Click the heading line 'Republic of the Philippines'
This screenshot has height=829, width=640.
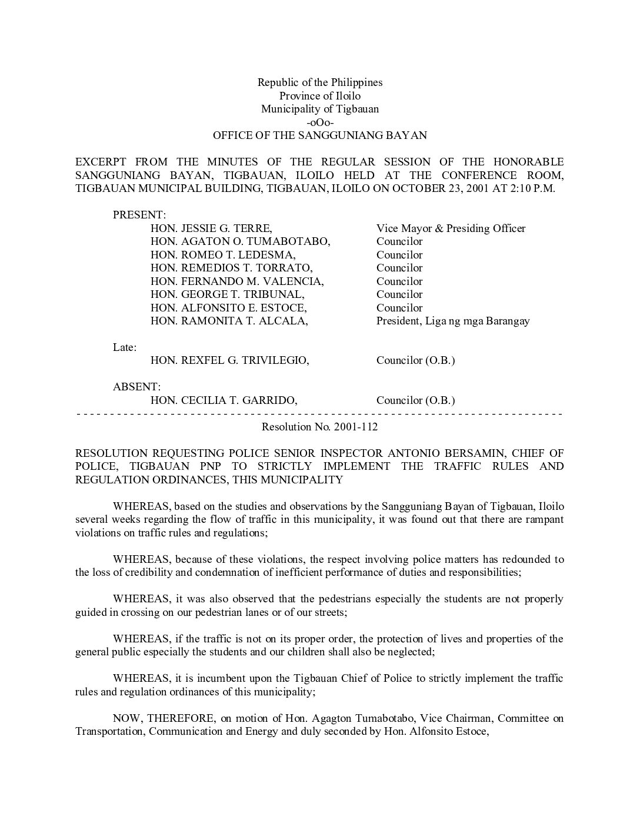point(320,82)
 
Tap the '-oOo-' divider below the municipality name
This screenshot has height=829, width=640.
point(320,122)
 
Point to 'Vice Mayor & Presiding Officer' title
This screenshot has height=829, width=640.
point(451,228)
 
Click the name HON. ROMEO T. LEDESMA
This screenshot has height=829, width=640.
point(223,255)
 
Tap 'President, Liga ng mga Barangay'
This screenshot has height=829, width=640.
point(453,321)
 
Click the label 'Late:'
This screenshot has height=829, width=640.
point(125,347)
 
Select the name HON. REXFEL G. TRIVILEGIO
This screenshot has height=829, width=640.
point(229,360)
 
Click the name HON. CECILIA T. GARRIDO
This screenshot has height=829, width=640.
point(224,400)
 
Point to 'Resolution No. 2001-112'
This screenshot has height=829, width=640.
point(320,427)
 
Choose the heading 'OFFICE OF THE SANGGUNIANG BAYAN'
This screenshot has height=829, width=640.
point(320,135)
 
